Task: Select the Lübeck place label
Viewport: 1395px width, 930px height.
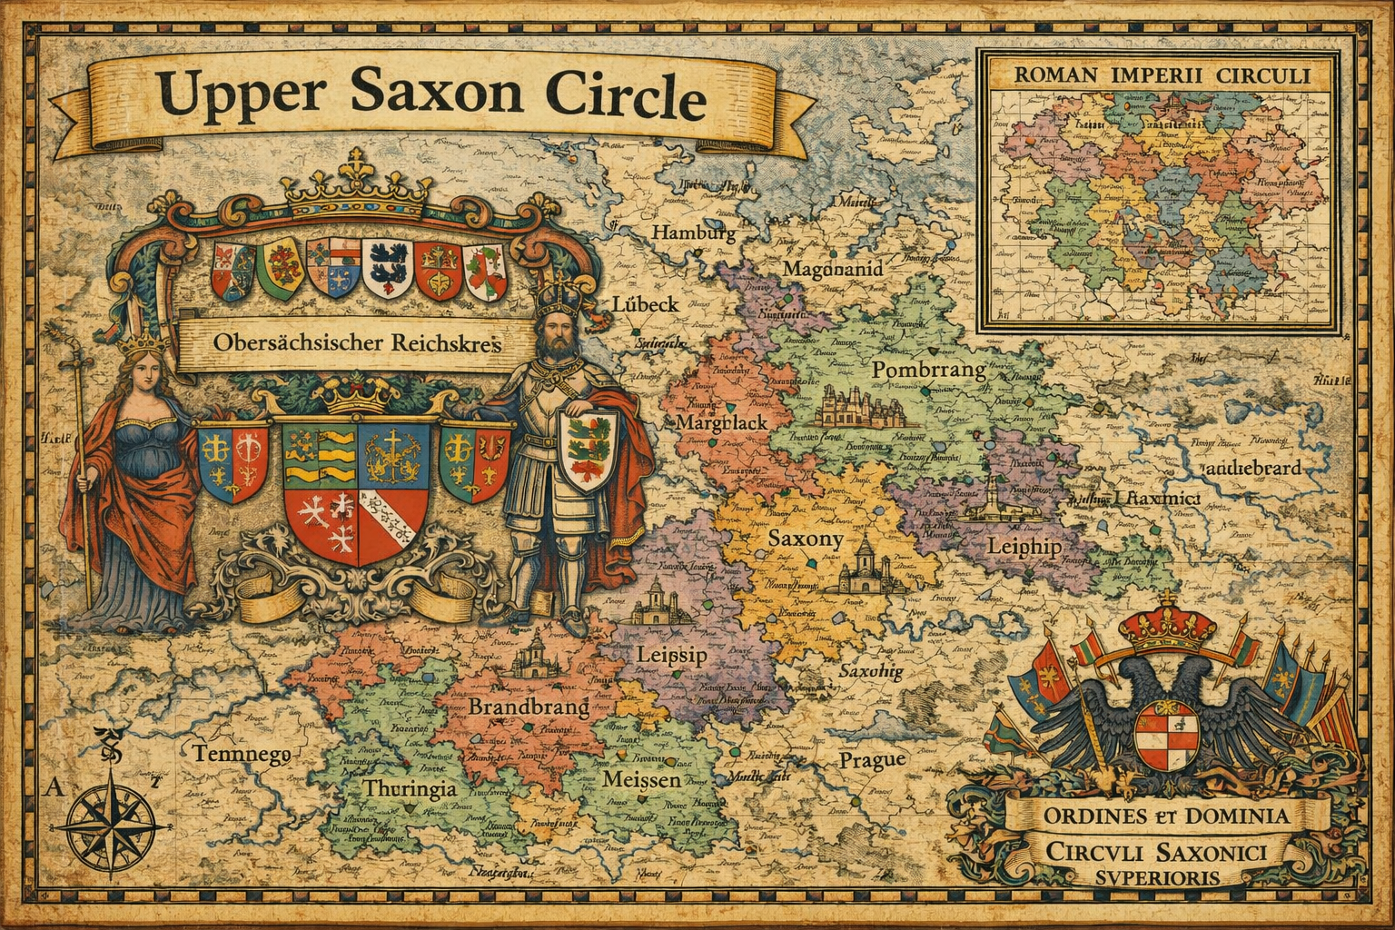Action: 645,304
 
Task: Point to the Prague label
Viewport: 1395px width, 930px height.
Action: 871,759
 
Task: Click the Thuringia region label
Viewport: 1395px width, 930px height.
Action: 411,788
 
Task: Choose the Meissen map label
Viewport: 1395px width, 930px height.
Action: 641,780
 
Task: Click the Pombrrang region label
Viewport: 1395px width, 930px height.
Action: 928,370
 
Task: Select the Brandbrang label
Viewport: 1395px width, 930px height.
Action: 529,707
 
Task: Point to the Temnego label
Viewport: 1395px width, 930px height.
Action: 241,753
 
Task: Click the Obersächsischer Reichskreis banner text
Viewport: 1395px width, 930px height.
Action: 344,344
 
